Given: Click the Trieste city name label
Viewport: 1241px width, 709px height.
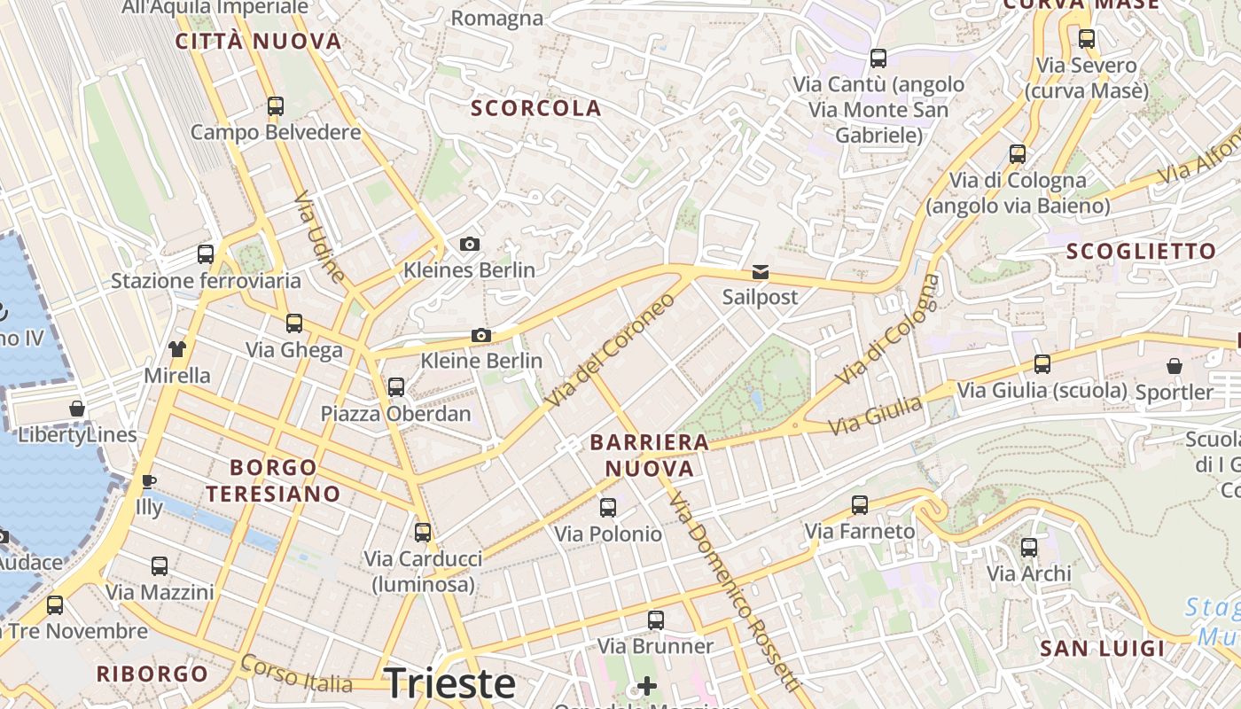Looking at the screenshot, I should click(x=449, y=683).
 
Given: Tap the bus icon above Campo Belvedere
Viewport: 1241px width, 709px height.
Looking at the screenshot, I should click(x=276, y=106).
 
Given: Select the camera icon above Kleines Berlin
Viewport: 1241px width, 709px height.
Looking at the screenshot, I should click(x=469, y=244).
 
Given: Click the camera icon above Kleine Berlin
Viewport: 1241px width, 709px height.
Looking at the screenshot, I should click(x=481, y=335).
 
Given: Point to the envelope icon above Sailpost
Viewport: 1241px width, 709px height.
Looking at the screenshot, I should click(x=760, y=271).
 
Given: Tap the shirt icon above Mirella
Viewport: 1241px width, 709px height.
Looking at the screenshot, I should click(x=177, y=348).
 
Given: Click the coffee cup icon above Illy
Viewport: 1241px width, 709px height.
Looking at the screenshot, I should click(x=149, y=481).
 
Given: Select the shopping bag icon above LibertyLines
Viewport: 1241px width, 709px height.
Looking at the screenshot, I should click(x=77, y=409).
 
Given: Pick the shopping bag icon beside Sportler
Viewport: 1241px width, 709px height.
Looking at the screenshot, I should click(x=1174, y=365).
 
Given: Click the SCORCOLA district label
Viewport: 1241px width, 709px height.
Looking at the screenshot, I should click(x=536, y=109).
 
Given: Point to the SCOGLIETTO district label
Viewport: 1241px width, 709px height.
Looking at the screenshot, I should click(x=1141, y=252).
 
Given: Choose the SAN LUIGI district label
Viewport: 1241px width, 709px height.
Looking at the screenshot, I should click(x=1102, y=649).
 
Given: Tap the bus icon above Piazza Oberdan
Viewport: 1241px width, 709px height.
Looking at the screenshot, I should click(x=396, y=386).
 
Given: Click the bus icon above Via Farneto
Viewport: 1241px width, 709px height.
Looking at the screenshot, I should click(x=859, y=505).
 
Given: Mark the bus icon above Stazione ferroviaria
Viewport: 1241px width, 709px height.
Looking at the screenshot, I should click(x=206, y=254).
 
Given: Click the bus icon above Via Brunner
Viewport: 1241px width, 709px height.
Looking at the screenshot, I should click(x=655, y=620).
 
